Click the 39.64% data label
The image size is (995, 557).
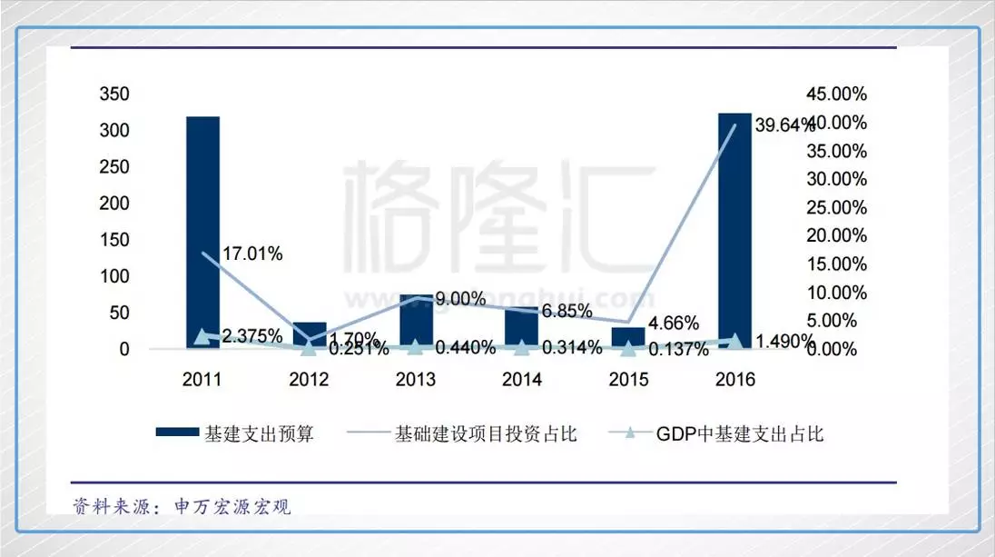(x=784, y=126)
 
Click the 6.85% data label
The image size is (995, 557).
(x=568, y=311)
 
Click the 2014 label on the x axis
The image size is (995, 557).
(x=522, y=380)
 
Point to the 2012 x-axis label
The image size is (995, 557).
(x=309, y=380)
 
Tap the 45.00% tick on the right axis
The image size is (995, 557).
(x=836, y=94)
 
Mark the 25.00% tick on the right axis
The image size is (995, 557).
(x=836, y=208)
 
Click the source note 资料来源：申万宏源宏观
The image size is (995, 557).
(x=182, y=506)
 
